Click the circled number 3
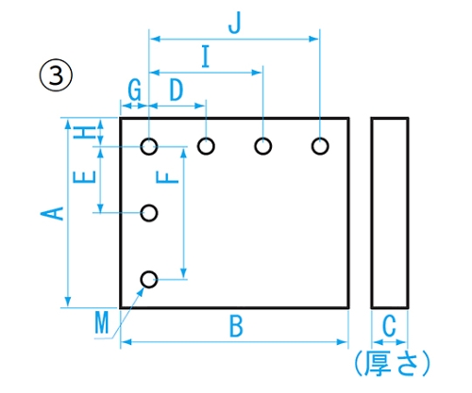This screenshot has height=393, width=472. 56,75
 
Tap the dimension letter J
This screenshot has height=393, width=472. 235,23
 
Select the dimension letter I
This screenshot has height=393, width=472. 206,57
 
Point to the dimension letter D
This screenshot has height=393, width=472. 177,90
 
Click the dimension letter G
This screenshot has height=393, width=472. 134,90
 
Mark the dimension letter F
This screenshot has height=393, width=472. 167,178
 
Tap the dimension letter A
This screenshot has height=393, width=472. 52,213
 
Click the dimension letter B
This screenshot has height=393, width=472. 236,326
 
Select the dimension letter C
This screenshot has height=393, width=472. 389,326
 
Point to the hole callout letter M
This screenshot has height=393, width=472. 102,322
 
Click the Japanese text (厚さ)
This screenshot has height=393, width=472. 392,364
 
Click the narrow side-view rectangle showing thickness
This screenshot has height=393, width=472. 372,213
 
